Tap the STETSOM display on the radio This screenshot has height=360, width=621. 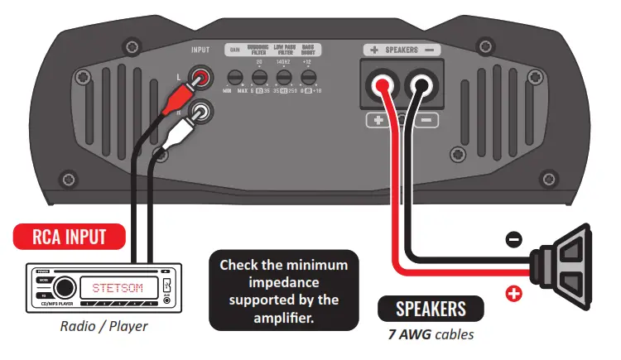pos(117,288)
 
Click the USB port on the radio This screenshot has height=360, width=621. pos(166,290)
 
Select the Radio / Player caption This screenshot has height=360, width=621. pos(103,325)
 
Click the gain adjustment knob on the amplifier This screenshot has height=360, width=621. pos(234,79)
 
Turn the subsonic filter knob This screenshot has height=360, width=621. pos(259,79)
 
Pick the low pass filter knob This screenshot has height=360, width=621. pos(284,79)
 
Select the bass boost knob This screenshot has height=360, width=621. pos(309,79)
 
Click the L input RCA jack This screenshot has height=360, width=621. pos(200,79)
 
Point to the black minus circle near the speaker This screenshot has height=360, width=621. pos(514,239)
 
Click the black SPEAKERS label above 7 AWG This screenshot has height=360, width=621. pos(431,310)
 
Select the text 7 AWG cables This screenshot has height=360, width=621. pos(431,334)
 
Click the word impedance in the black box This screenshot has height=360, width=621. pos(283,282)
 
